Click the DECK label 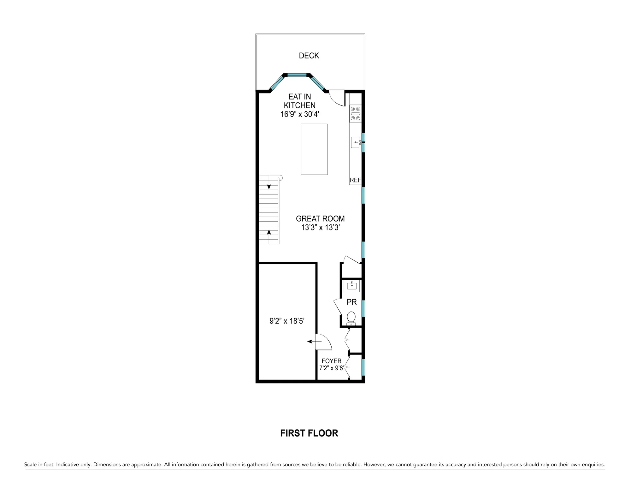[309, 56]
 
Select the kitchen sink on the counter [356, 142]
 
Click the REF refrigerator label [355, 180]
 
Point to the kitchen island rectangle [314, 149]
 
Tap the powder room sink [352, 286]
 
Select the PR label [352, 302]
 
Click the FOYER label [331, 361]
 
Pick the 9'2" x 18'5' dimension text [287, 321]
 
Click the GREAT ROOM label [320, 218]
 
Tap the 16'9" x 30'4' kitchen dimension [300, 114]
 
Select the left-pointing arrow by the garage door [314, 341]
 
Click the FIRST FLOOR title [309, 433]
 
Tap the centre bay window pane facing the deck [297, 75]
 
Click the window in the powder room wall [363, 308]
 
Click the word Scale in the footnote [30, 464]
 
